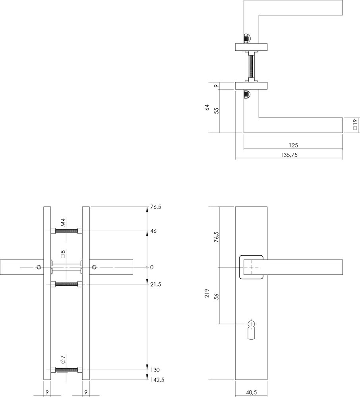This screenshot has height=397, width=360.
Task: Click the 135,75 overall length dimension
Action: point(288,155)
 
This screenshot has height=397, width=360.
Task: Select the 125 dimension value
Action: point(294,145)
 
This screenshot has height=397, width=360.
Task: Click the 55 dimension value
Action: point(216,111)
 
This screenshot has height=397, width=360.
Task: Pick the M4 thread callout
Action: point(62,222)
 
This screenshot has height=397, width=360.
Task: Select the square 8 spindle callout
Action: point(62,254)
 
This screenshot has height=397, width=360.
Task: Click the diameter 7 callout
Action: point(62,360)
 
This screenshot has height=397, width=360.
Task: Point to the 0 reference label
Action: point(151,267)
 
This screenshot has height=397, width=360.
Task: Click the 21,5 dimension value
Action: point(156,284)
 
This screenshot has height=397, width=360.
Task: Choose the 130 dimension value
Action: point(155,370)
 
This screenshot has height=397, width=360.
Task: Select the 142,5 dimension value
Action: point(157,380)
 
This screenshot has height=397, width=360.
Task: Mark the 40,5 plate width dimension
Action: point(251,393)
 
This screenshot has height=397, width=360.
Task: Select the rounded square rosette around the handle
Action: point(250,267)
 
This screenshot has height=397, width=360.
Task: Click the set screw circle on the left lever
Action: point(39,267)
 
